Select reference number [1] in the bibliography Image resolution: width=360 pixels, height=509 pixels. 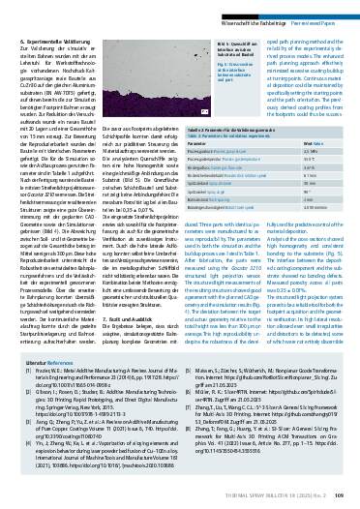[x=23, y=397]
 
